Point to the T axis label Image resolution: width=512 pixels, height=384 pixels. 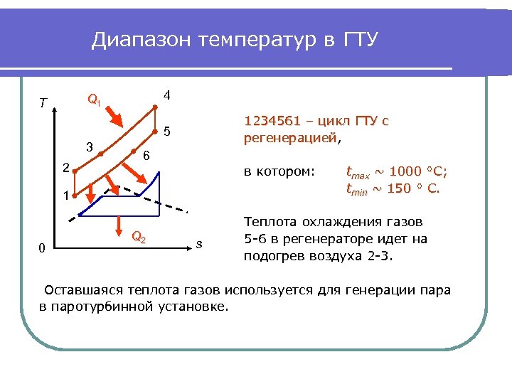43,104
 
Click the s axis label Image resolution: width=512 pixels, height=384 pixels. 200,245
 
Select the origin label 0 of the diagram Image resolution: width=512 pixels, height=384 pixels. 42,247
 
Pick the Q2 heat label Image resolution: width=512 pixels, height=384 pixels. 139,238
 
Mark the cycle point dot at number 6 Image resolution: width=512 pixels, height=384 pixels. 134,150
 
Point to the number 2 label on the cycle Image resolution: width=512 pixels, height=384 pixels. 65,169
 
